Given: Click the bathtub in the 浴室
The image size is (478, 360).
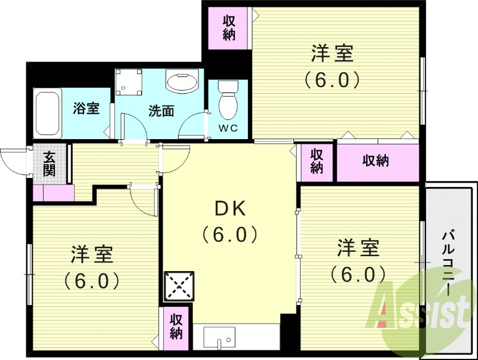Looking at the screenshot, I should tap(47, 113).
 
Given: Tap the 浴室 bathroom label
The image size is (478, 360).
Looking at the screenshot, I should tap(86, 109).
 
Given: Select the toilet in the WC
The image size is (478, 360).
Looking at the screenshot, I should tap(228, 101).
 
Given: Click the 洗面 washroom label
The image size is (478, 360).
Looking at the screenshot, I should tap(161, 110).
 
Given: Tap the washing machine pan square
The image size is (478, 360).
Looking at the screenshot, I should tap(128, 82).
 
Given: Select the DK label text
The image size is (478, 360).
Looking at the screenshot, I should tap(230, 209).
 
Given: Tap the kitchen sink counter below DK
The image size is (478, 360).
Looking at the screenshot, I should tap(236, 337).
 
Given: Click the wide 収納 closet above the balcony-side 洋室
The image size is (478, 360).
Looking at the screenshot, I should tap(376, 161).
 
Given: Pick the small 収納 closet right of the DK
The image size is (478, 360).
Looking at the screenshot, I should tap(316, 161).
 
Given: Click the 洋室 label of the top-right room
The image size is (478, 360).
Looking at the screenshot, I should tap(332, 54).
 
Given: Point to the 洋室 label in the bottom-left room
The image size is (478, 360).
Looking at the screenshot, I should tap(92, 256).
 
